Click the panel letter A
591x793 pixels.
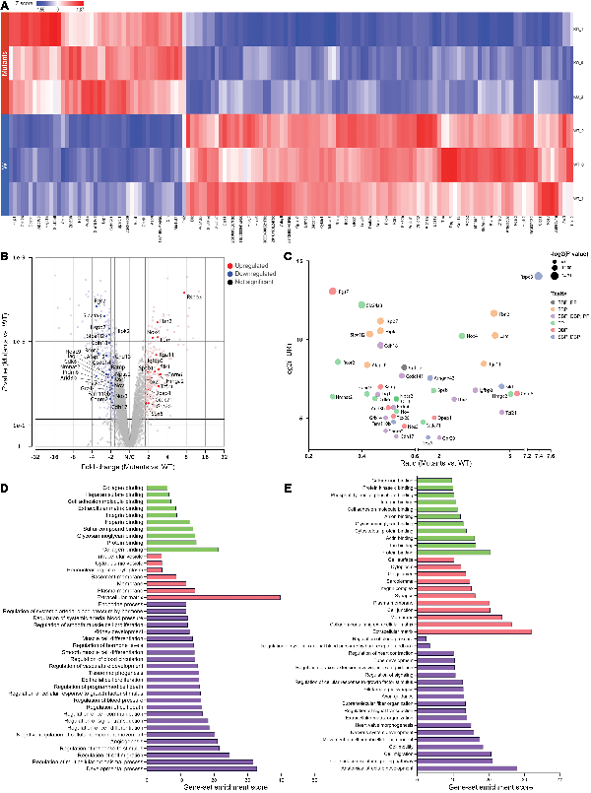pyautogui.click(x=5, y=6)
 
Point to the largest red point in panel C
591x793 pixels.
pyautogui.click(x=333, y=292)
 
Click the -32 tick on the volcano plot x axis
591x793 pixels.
pyautogui.click(x=36, y=458)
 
